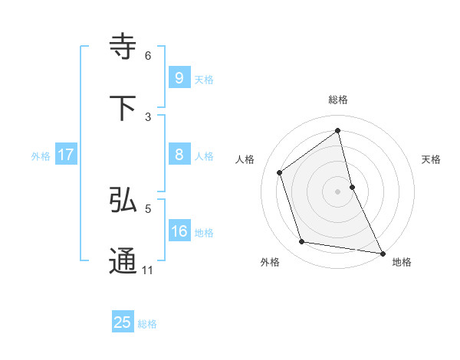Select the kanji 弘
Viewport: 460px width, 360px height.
123,200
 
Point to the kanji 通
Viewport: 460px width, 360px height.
123,261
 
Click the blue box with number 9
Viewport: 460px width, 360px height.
179,77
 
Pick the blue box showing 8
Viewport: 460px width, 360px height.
179,155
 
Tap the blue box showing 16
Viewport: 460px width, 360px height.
179,231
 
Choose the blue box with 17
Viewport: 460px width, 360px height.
66,155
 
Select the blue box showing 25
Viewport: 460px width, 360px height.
123,322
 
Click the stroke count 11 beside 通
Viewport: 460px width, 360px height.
148,270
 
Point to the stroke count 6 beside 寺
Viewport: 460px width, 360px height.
148,55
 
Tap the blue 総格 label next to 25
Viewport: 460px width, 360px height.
147,324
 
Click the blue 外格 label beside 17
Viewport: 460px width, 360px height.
41,155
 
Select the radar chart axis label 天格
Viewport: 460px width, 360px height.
431,159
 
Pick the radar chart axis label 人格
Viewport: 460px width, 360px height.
245,159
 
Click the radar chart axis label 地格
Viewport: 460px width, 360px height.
402,262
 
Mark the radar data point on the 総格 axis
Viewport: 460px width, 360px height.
337,131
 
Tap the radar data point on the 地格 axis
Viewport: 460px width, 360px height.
382,253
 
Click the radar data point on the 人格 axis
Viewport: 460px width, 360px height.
280,172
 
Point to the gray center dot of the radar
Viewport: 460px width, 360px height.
337,191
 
